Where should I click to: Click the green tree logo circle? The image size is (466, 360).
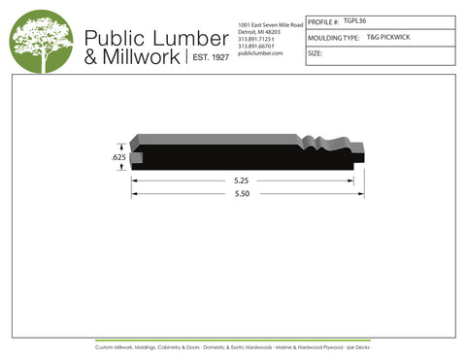41,41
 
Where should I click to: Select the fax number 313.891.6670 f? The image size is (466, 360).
257,46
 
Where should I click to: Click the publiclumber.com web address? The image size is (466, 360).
259,53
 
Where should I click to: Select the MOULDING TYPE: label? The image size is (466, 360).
334,38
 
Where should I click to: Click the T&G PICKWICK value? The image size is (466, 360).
386,37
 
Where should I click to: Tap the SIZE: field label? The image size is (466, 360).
315,54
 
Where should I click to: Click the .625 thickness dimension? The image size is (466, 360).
119,156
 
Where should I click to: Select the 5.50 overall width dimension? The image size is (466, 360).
242,194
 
